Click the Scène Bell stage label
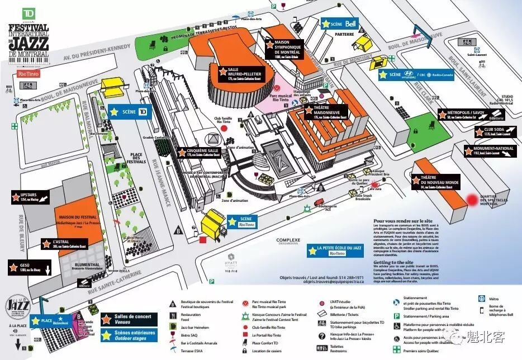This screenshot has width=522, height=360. point(339,24)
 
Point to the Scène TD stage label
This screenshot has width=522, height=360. point(130,111)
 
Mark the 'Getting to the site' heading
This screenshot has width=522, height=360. point(394,261)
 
